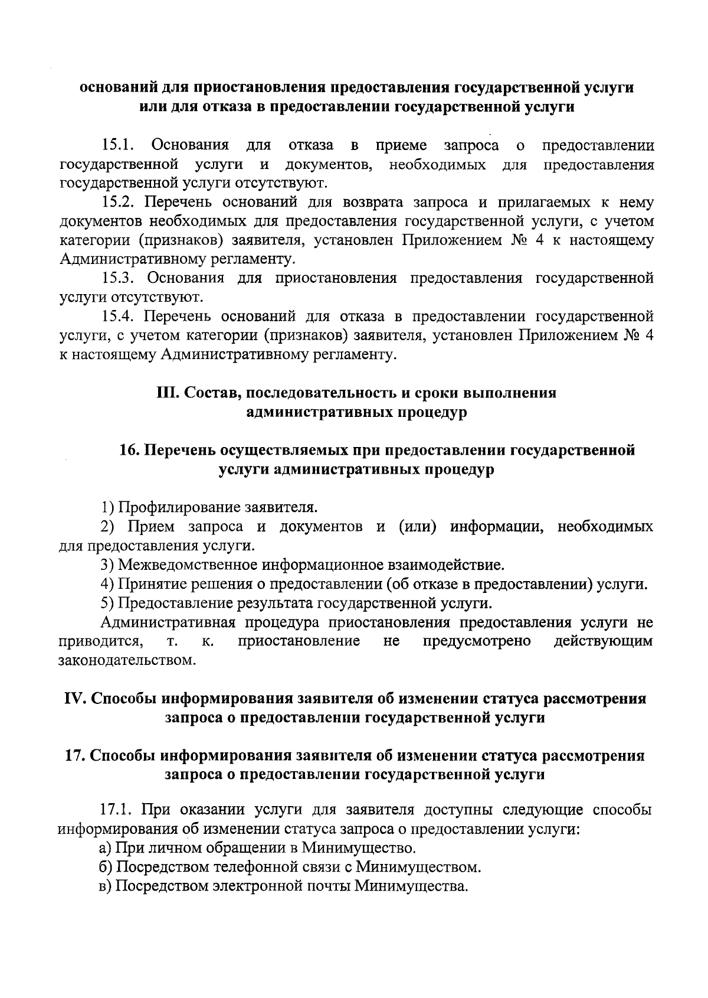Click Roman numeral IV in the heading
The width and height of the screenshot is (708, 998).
76,699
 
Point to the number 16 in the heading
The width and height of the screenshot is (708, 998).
129,451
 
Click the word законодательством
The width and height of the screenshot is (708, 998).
127,660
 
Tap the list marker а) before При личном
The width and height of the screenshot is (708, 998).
106,849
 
